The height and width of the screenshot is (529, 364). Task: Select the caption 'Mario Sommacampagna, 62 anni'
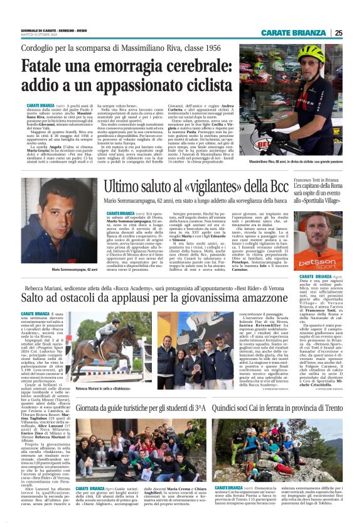(x=75, y=270)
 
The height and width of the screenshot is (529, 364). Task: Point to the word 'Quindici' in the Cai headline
(x=229, y=390)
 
